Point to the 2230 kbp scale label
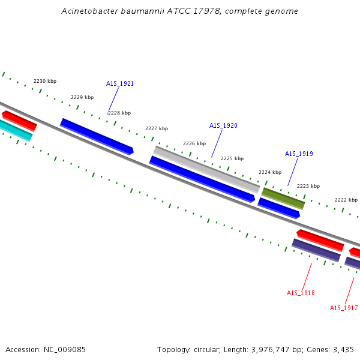45,81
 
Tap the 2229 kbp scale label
82,97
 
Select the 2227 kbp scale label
157,128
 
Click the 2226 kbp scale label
194,143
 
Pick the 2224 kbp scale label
270,172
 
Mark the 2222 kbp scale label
346,200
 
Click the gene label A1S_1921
120,83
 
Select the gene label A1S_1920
223,125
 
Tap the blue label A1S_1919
299,154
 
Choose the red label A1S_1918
301,293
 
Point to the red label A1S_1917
344,308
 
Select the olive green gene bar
283,198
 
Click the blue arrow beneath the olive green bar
279,208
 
